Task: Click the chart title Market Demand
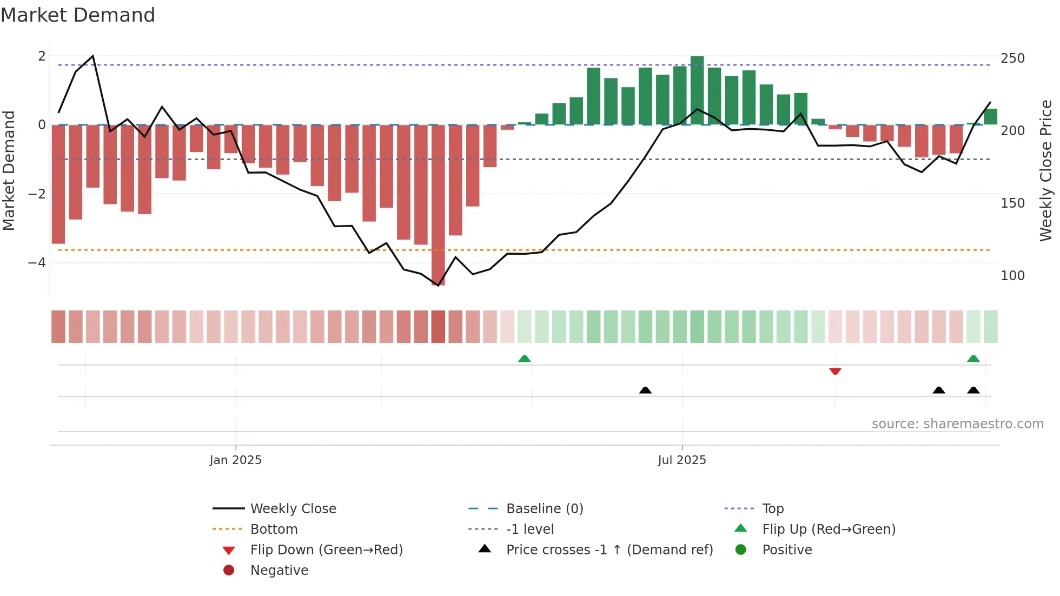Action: (x=78, y=15)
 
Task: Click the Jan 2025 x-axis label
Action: (x=235, y=460)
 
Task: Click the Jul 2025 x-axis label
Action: (x=681, y=460)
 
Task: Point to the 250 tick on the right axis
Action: (x=1012, y=58)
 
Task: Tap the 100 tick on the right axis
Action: (x=1012, y=276)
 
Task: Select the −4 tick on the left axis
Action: (x=37, y=263)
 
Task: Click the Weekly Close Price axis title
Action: (x=1045, y=170)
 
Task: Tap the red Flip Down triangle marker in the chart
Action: (x=835, y=371)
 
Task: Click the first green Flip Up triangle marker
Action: (x=524, y=359)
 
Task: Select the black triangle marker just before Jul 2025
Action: (x=645, y=390)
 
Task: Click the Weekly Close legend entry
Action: (x=293, y=509)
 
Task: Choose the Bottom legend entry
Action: (x=274, y=529)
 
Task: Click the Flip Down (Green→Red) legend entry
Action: (x=326, y=550)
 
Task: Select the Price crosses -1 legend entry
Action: (x=609, y=550)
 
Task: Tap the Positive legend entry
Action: (x=786, y=550)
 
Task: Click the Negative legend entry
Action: (x=279, y=571)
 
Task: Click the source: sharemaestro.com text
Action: (x=957, y=424)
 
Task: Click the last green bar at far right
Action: (x=990, y=117)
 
